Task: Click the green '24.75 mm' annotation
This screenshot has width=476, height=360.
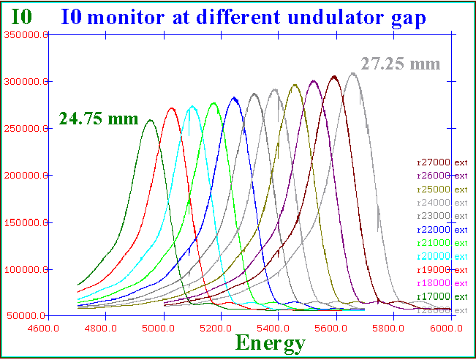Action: click(98, 119)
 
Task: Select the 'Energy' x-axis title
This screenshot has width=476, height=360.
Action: click(270, 342)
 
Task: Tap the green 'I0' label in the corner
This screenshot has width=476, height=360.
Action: click(22, 16)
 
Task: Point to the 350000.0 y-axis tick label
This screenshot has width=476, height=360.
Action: click(26, 34)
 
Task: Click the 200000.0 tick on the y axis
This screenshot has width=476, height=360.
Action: click(26, 176)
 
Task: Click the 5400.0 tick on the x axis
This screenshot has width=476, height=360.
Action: click(279, 329)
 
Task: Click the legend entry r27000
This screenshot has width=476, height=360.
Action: click(441, 162)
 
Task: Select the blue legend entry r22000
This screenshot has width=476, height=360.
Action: click(441, 230)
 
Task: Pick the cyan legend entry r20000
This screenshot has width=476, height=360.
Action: click(441, 256)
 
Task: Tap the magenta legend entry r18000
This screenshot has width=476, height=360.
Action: click(441, 283)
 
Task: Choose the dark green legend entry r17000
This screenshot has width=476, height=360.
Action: click(441, 296)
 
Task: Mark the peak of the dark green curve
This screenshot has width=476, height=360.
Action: click(149, 120)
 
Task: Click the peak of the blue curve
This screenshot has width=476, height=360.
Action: click(234, 97)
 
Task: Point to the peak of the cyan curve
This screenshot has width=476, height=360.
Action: click(192, 107)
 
